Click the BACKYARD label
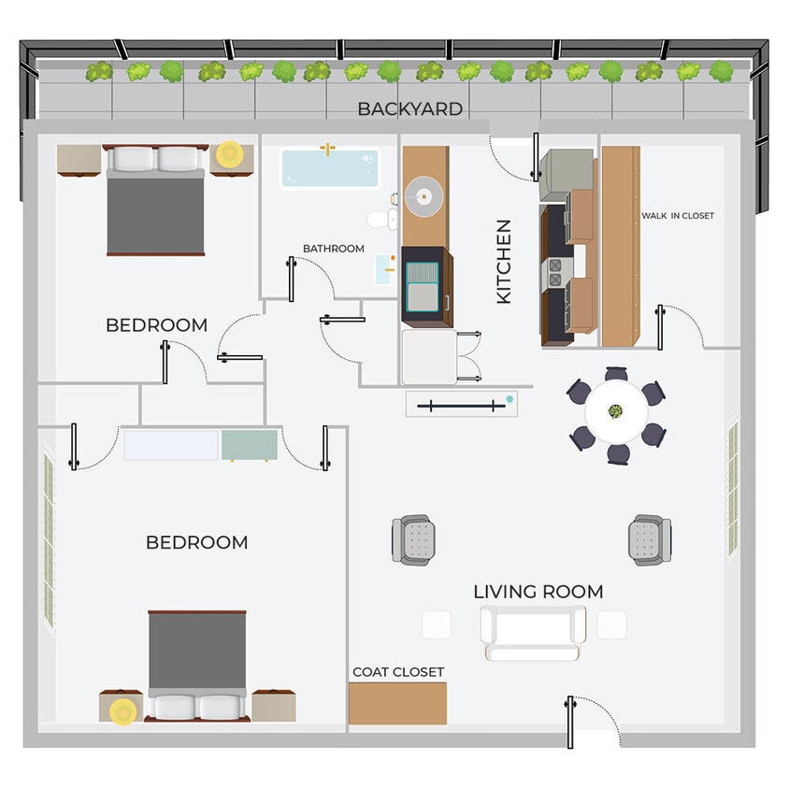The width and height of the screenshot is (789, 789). (409, 109)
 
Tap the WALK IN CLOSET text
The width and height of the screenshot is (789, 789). (677, 216)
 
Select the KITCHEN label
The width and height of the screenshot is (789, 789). (504, 262)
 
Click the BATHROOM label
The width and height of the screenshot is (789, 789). (333, 249)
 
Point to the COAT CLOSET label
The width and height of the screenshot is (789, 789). (398, 672)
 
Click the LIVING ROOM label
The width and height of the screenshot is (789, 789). (538, 592)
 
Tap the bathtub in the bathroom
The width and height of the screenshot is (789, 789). (330, 168)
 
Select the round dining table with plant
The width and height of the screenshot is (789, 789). (616, 412)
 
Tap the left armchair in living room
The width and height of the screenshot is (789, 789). (413, 539)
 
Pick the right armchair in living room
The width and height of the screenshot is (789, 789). (649, 539)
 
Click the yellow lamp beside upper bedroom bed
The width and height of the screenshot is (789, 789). (228, 153)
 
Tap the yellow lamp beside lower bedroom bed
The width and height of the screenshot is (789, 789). (122, 712)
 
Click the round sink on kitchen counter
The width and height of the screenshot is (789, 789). (423, 197)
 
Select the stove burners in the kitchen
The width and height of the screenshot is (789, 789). (555, 271)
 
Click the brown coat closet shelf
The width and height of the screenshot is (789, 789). (397, 704)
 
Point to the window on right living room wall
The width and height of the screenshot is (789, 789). (732, 491)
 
